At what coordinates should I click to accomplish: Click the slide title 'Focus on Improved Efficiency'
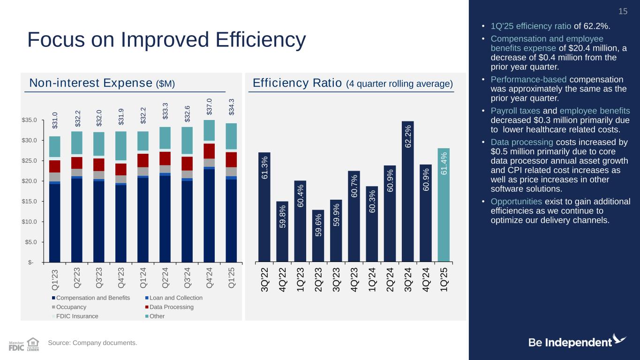click(x=166, y=40)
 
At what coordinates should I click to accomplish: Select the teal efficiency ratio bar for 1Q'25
click(x=444, y=204)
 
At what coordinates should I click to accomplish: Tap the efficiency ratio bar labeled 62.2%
click(x=408, y=191)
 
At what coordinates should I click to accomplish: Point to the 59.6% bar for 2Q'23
click(x=318, y=235)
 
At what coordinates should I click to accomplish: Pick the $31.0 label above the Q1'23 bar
click(x=55, y=120)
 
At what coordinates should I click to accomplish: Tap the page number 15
click(x=623, y=11)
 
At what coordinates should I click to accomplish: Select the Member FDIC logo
click(x=16, y=345)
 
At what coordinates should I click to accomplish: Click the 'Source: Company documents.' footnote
click(x=93, y=344)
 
